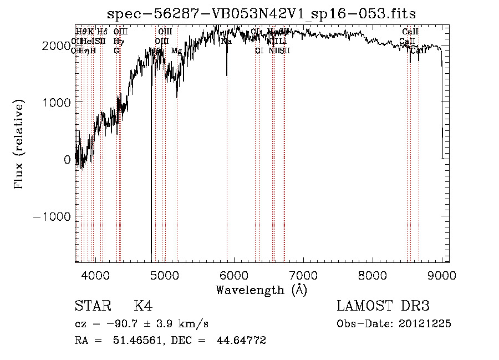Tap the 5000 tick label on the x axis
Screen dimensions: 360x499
(x=165, y=275)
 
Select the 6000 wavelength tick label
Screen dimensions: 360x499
(x=234, y=275)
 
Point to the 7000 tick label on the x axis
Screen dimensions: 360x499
(x=303, y=275)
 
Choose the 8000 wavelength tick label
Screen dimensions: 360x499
(x=373, y=275)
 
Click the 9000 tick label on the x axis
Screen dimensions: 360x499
(x=442, y=275)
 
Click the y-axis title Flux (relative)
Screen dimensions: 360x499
(x=20, y=145)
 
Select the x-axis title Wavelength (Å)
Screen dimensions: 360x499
(x=261, y=290)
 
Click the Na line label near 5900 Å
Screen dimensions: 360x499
(x=226, y=41)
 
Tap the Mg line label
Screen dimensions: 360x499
(x=176, y=50)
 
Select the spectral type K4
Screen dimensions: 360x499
(x=142, y=306)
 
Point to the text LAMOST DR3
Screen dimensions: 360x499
(x=383, y=306)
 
